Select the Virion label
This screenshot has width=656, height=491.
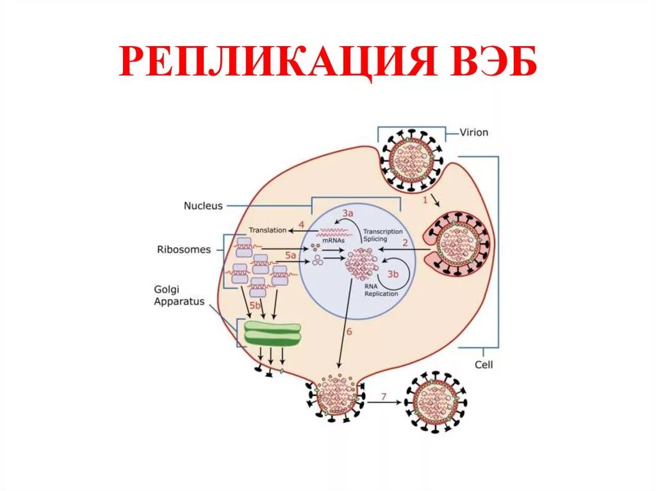pos(474,133)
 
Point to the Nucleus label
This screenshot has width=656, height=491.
pos(203,206)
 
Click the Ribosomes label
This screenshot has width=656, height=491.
pos(183,250)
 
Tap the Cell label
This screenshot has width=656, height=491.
pos(484,365)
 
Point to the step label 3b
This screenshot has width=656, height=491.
pos(392,274)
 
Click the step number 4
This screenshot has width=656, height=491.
pos(300,225)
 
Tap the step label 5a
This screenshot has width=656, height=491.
pos(291,255)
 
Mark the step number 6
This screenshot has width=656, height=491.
pos(349,332)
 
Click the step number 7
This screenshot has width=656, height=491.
pos(384,397)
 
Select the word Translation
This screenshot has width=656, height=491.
pos(267,230)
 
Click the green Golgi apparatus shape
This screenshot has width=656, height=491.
pos(272,334)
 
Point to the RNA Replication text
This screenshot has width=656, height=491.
pos(381,290)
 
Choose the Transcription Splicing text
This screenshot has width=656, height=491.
pos(382,235)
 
